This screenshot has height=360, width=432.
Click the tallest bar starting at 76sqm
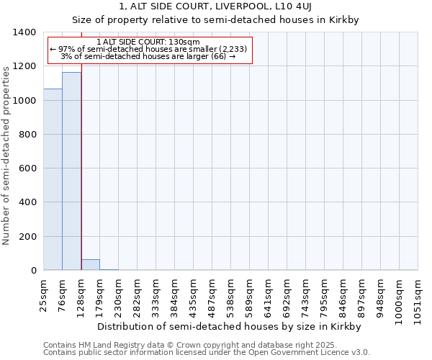click(71, 171)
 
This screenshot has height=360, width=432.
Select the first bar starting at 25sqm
click(53, 179)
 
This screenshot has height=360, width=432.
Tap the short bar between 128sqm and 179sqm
click(90, 265)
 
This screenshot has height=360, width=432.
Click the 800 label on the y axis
click(27, 135)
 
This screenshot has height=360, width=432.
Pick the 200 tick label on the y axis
click(27, 237)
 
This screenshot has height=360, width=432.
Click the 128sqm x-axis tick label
click(81, 293)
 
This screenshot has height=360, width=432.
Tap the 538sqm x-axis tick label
click(230, 293)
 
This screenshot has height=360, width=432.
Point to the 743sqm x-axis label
click(305, 293)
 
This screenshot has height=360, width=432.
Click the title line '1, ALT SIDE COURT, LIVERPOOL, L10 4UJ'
click(215, 6)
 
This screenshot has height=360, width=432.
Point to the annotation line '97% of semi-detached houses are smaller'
click(148, 49)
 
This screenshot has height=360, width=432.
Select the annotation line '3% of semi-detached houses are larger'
click(148, 56)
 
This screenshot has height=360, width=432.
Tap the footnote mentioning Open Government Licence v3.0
click(207, 352)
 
